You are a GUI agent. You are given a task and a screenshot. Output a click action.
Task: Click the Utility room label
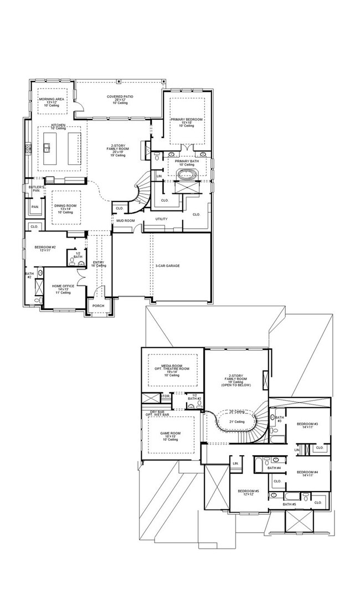click(x=161, y=219)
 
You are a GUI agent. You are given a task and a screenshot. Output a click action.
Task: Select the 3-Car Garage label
click(x=167, y=266)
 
